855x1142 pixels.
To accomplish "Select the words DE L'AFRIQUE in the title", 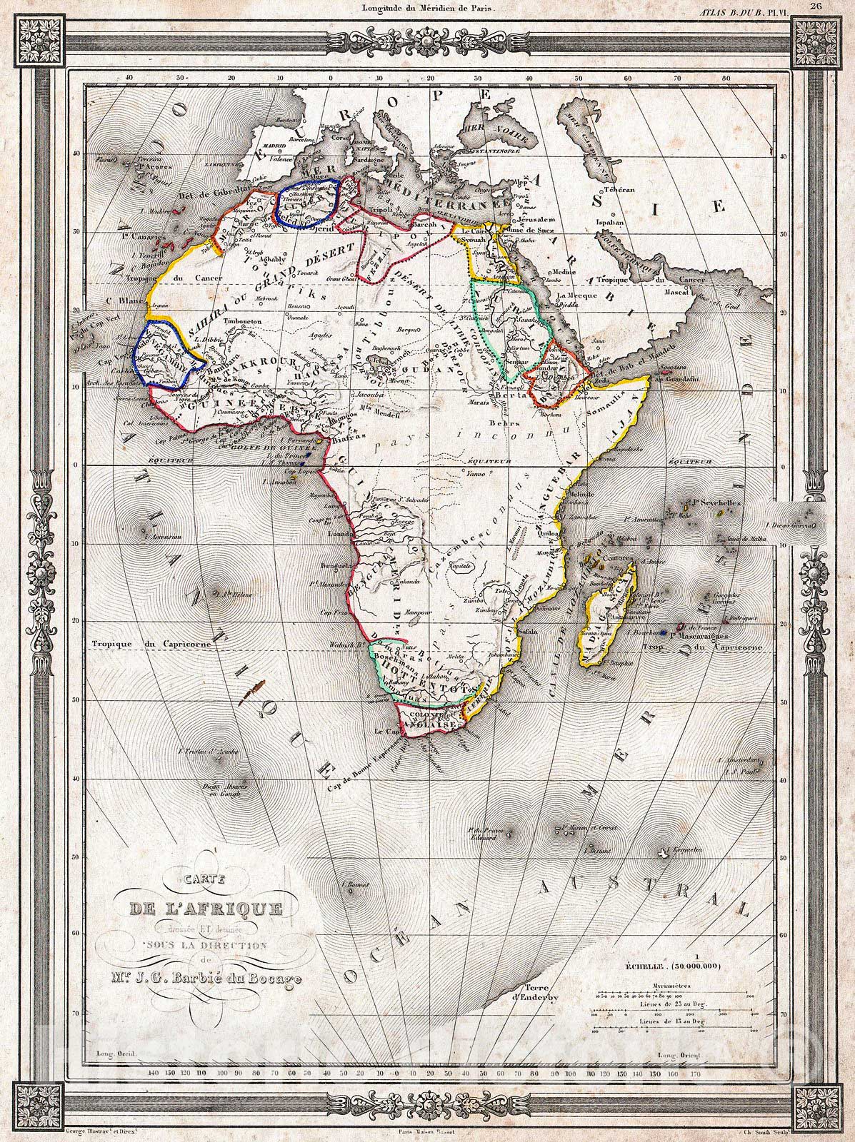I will (206, 909).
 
